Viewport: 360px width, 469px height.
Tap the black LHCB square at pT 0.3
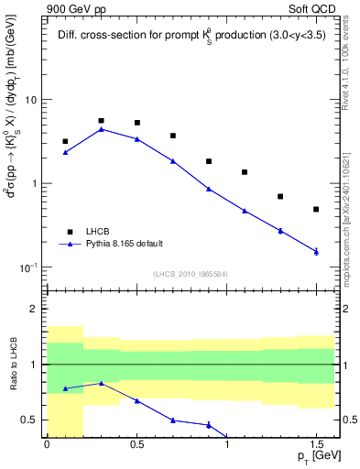pyautogui.click(x=101, y=121)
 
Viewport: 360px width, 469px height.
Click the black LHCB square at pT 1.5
pyautogui.click(x=316, y=210)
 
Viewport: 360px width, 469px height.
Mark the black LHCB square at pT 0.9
pyautogui.click(x=209, y=161)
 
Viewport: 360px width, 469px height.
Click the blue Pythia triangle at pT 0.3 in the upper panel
pyautogui.click(x=101, y=129)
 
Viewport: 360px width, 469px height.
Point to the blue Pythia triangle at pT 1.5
pyautogui.click(x=316, y=251)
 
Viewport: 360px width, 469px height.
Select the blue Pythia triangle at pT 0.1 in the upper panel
pyautogui.click(x=65, y=152)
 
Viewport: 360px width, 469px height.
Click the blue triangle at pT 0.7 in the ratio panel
pyautogui.click(x=173, y=420)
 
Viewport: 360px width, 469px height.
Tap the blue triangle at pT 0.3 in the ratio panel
pyautogui.click(x=101, y=384)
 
